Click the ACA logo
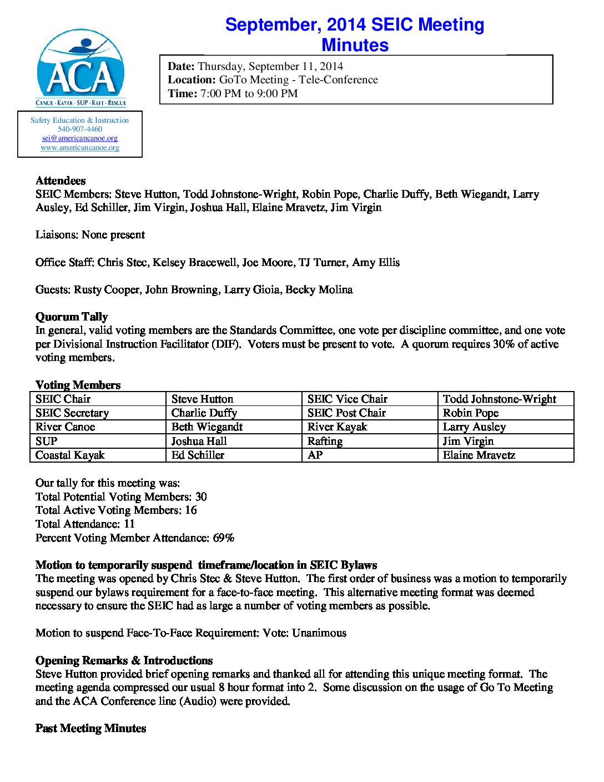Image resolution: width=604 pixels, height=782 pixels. coord(81,68)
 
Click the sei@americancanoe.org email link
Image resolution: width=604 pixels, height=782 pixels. coord(80,138)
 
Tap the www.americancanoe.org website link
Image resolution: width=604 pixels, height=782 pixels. coord(80,148)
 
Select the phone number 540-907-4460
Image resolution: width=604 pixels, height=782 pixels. coord(80,129)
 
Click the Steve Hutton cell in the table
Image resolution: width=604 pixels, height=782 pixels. coord(203,399)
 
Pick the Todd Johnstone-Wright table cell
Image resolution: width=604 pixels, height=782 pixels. coord(499,399)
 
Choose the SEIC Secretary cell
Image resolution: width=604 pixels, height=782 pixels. coord(72,413)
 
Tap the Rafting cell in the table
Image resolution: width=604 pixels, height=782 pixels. coord(325,441)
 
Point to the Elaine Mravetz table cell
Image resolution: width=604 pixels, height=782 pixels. coord(479,455)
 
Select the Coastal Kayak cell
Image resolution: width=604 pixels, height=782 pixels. coord(70,455)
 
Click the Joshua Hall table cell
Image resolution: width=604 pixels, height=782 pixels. coord(199,441)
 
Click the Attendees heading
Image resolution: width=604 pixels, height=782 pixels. coord(61,181)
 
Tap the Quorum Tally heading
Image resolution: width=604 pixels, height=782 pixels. coord(72,317)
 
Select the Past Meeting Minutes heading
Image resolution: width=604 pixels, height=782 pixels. coord(90,728)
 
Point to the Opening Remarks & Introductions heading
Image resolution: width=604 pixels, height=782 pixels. coord(124,660)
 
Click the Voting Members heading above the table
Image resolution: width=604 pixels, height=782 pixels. coord(78,385)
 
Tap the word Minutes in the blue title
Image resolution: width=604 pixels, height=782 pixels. coord(355,45)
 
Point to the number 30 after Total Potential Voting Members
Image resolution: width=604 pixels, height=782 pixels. coord(201,497)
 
